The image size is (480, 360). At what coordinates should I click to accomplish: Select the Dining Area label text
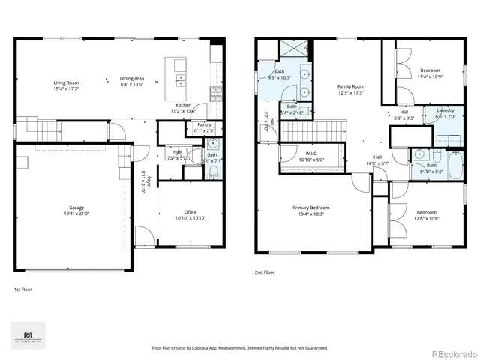click(132, 78)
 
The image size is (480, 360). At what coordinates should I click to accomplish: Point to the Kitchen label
click(184, 104)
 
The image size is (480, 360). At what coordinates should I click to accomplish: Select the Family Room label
click(350, 87)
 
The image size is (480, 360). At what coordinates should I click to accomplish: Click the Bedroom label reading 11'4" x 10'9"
click(429, 70)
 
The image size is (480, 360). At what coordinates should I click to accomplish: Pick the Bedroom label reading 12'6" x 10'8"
click(426, 212)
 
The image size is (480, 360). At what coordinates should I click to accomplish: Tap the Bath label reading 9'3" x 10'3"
click(279, 71)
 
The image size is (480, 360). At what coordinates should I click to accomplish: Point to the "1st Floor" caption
click(24, 289)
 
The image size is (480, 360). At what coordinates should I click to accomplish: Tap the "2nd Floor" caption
click(265, 273)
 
